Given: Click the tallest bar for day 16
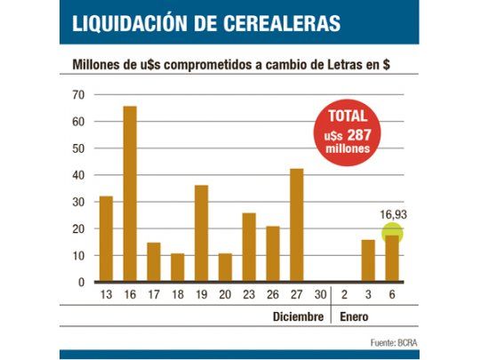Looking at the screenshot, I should (130, 194).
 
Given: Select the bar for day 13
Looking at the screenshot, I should (106, 238).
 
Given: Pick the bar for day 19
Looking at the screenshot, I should (201, 233).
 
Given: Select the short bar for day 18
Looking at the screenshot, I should (178, 268).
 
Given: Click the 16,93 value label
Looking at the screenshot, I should (392, 214).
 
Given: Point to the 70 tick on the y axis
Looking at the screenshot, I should (78, 94).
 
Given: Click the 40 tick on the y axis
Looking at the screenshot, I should (78, 175).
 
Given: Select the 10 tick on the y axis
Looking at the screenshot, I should (78, 255).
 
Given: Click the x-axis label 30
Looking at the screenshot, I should (320, 294).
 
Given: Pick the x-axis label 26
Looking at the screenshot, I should (273, 294).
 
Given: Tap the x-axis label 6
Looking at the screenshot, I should (392, 294).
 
